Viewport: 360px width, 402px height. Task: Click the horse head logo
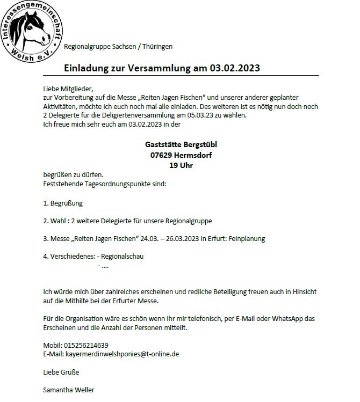pyautogui.click(x=32, y=30)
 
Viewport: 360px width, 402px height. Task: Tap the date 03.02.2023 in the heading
pyautogui.click(x=235, y=69)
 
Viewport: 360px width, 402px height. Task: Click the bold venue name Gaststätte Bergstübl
pyautogui.click(x=181, y=144)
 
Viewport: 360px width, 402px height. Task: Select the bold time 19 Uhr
pyautogui.click(x=181, y=165)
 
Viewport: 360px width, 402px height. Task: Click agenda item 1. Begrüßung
pyautogui.click(x=63, y=203)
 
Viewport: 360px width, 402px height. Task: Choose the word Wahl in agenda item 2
pyautogui.click(x=59, y=221)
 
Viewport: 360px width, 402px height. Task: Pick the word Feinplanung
pyautogui.click(x=247, y=238)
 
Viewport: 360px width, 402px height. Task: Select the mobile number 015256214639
pyautogui.click(x=86, y=345)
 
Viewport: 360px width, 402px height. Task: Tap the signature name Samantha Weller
pyautogui.click(x=68, y=390)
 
